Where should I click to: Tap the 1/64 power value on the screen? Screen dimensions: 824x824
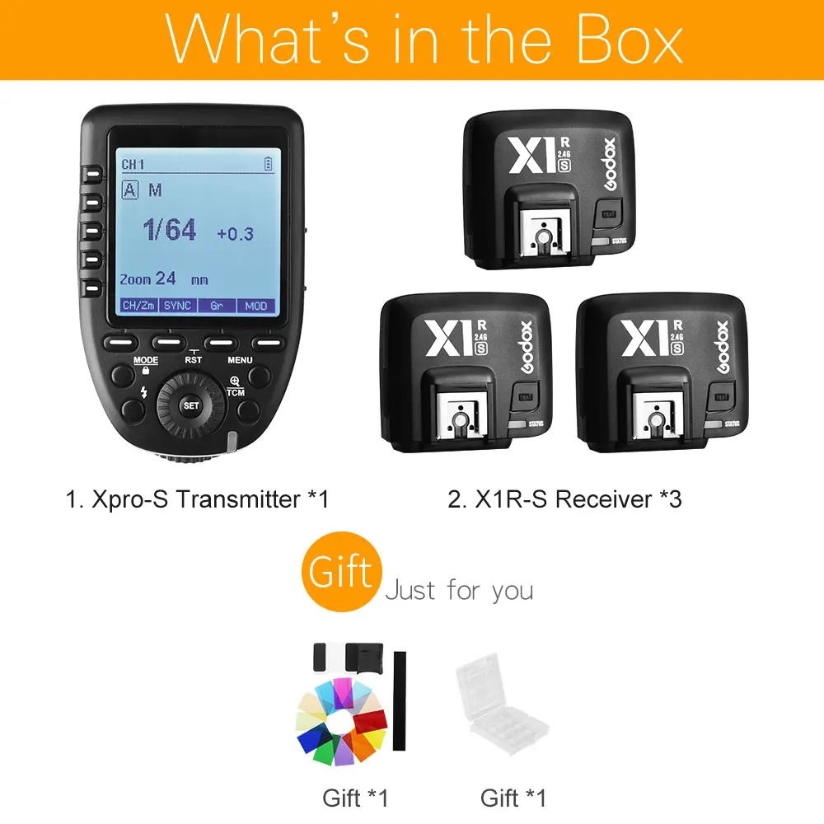tap(170, 230)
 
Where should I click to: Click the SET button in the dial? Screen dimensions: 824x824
tap(191, 405)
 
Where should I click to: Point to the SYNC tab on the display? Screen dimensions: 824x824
tap(177, 305)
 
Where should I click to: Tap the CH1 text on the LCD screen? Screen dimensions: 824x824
tap(133, 165)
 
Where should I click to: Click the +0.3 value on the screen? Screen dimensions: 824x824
tap(235, 234)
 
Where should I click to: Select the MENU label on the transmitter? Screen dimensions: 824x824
tap(241, 360)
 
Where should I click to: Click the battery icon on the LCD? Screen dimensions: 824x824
tap(267, 165)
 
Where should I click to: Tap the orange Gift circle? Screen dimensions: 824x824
tap(341, 570)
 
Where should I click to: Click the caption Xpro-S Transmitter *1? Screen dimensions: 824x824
tap(198, 499)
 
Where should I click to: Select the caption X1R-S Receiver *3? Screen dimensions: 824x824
tap(565, 499)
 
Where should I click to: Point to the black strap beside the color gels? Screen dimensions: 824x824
tap(400, 700)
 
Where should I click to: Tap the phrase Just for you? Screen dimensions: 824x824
tap(459, 590)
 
